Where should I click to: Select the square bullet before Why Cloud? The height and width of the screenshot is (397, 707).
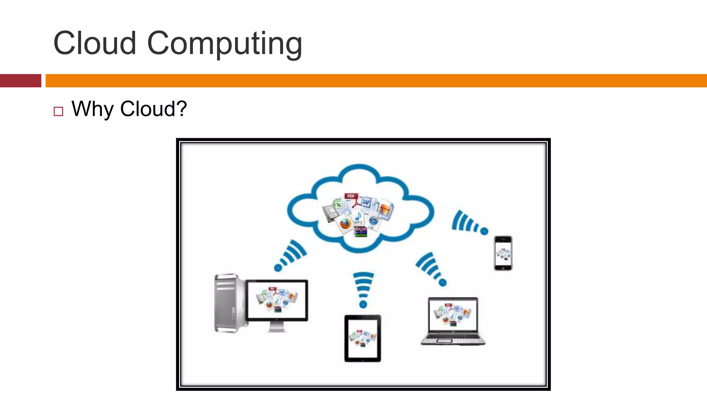pyautogui.click(x=58, y=111)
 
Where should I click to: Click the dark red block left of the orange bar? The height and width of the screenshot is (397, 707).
pyautogui.click(x=20, y=81)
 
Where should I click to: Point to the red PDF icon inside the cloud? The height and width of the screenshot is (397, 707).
pyautogui.click(x=351, y=196)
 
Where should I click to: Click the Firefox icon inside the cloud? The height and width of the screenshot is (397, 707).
pyautogui.click(x=345, y=224)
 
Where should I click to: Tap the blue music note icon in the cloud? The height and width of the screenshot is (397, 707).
pyautogui.click(x=358, y=217)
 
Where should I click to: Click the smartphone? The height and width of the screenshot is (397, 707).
pyautogui.click(x=503, y=253)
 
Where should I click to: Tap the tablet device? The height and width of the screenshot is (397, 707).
pyautogui.click(x=363, y=338)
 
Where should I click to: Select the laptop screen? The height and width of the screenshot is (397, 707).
pyautogui.click(x=453, y=314)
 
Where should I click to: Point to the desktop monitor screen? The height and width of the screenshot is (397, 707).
pyautogui.click(x=277, y=300)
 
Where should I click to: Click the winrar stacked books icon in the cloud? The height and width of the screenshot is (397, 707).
pyautogui.click(x=360, y=232)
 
